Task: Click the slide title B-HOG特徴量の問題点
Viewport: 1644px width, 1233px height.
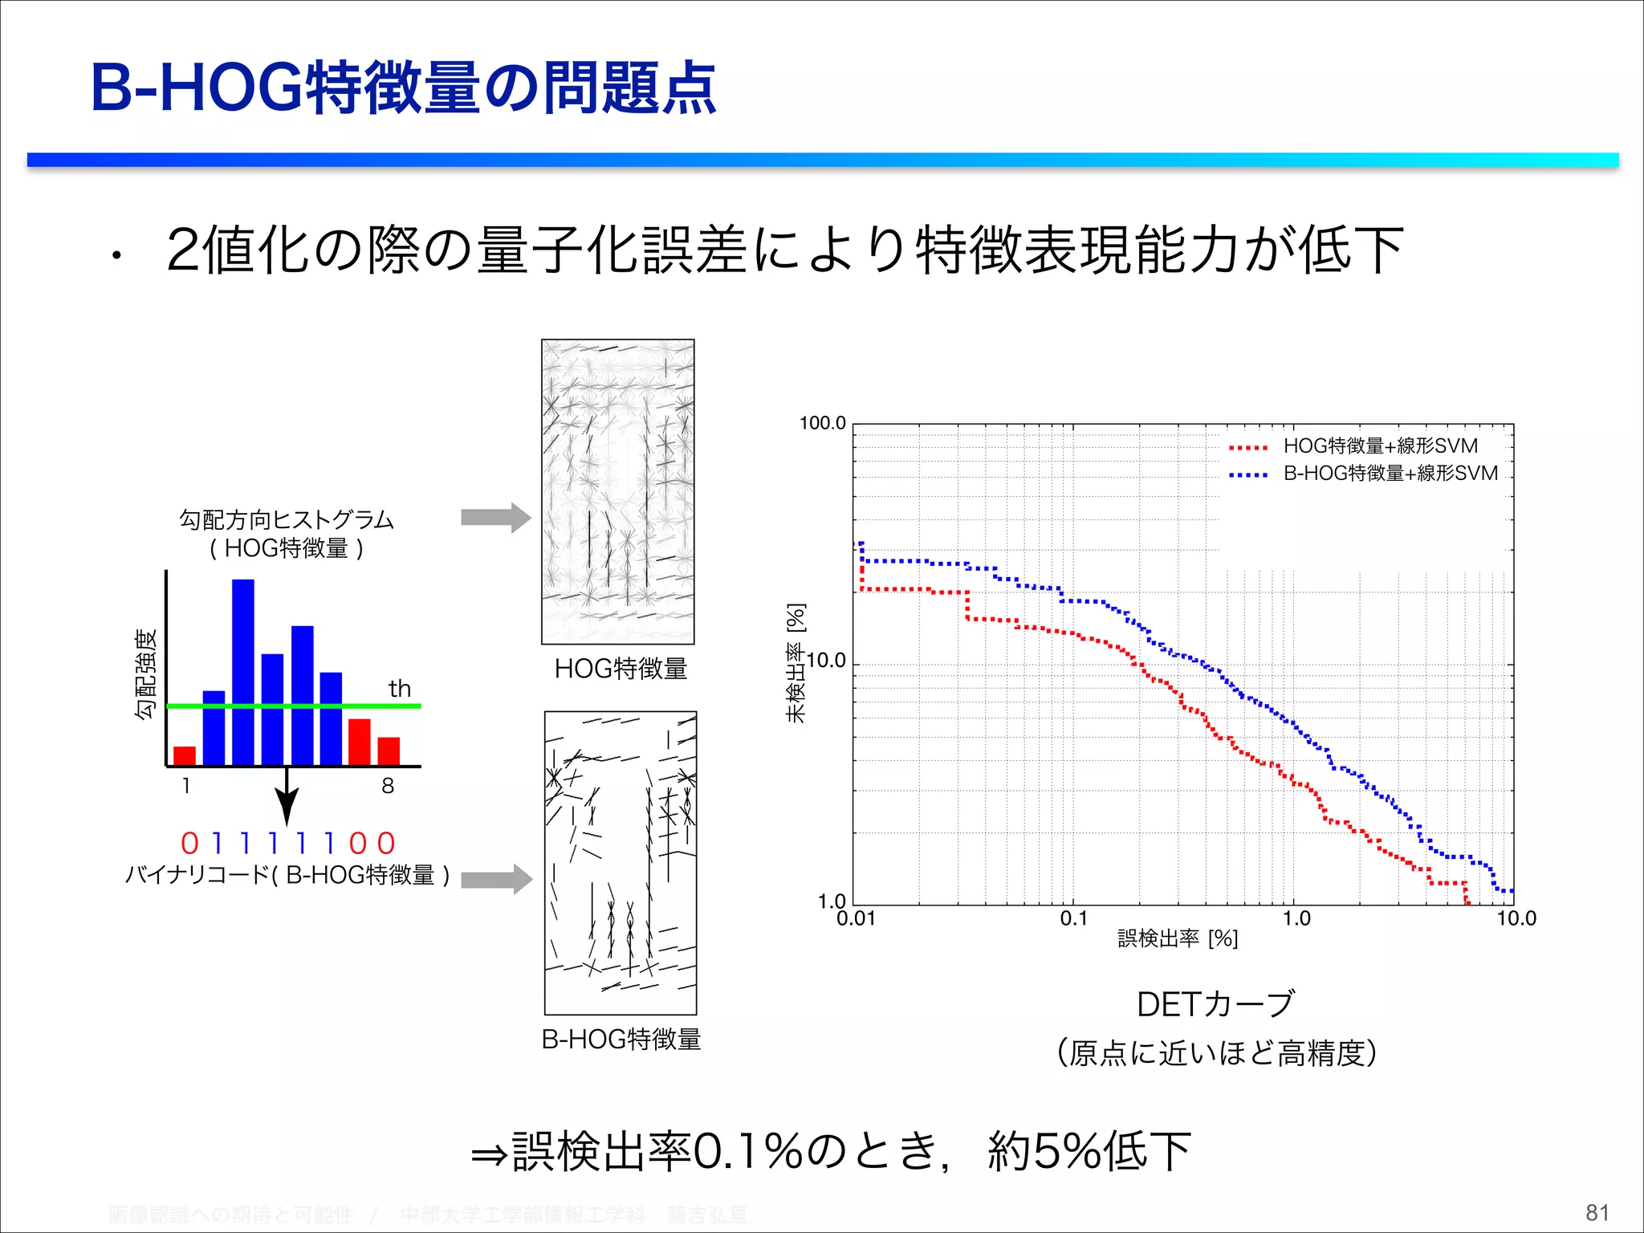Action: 403,88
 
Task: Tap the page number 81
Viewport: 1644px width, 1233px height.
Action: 1597,1212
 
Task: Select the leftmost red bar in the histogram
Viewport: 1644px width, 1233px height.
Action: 185,755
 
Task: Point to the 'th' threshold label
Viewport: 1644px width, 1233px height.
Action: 399,689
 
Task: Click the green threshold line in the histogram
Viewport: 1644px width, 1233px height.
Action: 293,706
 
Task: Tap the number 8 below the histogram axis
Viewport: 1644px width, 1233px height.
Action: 388,786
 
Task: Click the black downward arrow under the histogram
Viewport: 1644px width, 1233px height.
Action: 287,798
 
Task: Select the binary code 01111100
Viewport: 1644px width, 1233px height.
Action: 288,844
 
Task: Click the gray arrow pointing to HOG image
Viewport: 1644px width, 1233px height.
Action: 495,518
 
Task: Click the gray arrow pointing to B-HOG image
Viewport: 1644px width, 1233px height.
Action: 495,880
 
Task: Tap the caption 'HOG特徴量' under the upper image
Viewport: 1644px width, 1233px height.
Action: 620,669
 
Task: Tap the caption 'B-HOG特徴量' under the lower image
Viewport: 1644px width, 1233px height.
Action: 621,1040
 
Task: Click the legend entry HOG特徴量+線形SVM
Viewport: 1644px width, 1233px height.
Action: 1380,446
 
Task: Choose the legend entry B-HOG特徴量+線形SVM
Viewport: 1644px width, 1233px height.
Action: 1390,474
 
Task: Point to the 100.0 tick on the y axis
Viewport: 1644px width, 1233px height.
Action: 822,423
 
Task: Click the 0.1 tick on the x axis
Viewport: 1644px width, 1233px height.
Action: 1073,919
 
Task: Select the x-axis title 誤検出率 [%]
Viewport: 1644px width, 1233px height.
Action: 1177,938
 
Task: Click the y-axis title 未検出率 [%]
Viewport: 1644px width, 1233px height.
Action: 795,663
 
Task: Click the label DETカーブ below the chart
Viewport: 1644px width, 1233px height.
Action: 1215,1004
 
